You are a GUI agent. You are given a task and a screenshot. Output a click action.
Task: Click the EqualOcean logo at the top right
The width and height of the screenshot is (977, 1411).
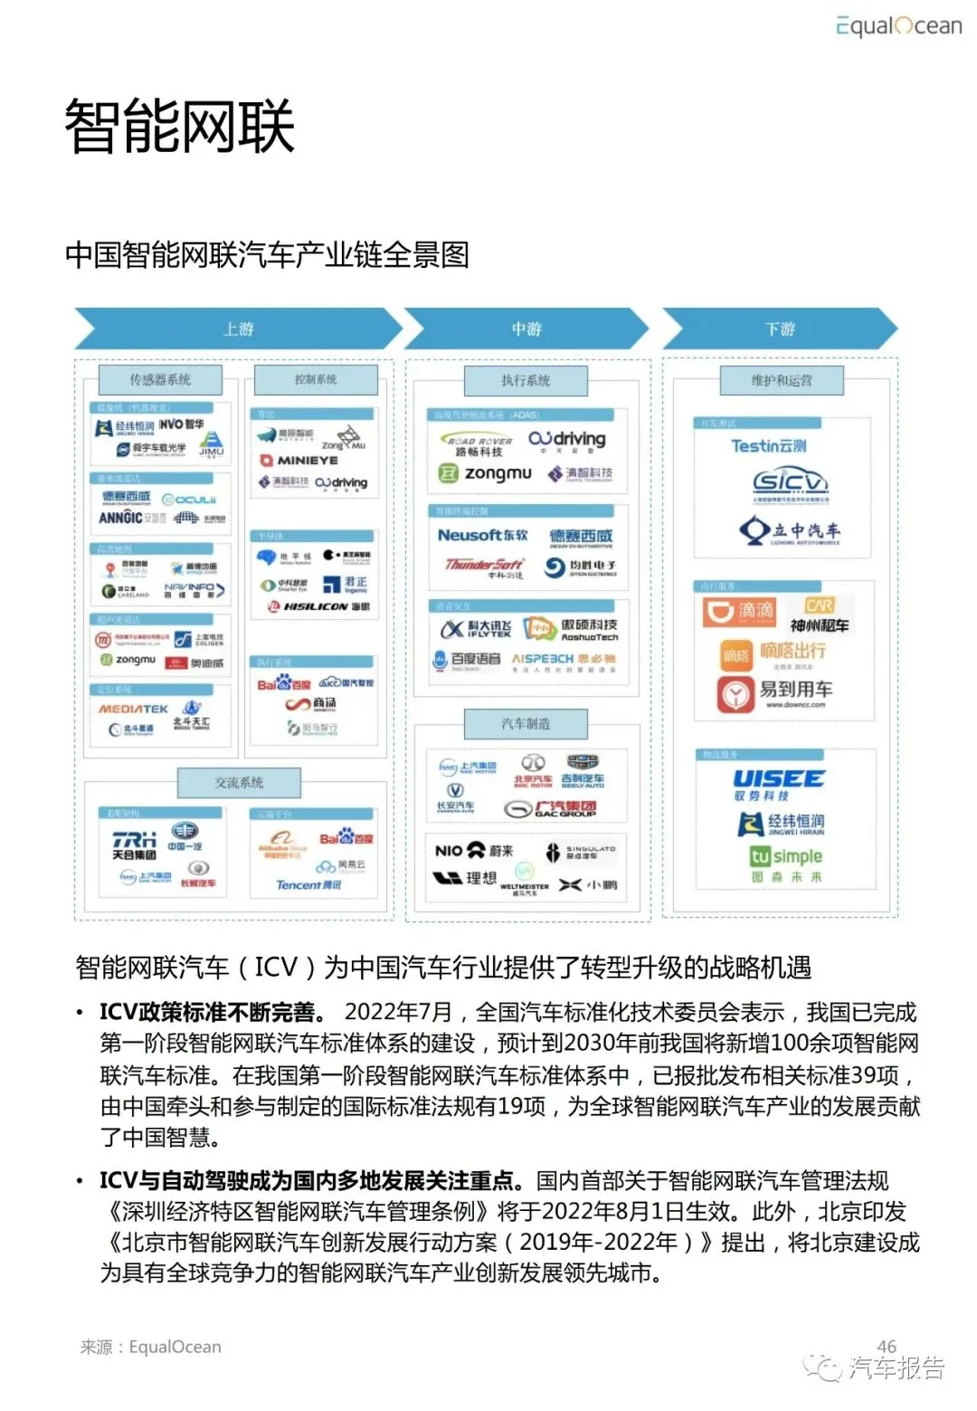[x=898, y=26]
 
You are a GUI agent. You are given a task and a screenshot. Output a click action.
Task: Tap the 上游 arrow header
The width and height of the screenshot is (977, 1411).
[x=238, y=329]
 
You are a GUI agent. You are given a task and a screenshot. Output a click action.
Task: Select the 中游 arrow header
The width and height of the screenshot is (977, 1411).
[x=526, y=329]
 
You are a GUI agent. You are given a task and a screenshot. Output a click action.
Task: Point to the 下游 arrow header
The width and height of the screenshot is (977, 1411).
[x=779, y=329]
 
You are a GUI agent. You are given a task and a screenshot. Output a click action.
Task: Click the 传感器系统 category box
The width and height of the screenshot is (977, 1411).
[x=160, y=379]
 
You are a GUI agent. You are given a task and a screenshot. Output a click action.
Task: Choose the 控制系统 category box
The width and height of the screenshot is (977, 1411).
[x=316, y=379]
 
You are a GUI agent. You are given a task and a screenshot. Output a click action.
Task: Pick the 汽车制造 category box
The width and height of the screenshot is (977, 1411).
[x=526, y=723]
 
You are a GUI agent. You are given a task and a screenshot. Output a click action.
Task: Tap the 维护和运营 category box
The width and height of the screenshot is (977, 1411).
[x=782, y=380]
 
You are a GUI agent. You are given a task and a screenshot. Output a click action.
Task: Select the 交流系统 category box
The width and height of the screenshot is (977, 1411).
[x=239, y=782]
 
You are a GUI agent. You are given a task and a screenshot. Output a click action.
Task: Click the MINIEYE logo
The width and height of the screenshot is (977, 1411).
[x=299, y=461]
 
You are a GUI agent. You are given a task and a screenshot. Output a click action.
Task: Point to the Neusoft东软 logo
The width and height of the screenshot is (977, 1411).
[x=482, y=536]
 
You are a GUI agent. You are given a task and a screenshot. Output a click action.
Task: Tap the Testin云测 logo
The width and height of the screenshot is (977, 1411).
[x=768, y=445]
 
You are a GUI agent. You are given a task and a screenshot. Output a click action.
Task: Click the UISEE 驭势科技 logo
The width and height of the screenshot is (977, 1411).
[x=778, y=784]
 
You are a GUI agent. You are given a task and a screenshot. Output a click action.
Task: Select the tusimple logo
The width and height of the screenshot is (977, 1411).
[x=785, y=857]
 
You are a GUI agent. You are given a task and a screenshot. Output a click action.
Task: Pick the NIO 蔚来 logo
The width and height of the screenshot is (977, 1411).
[x=473, y=851]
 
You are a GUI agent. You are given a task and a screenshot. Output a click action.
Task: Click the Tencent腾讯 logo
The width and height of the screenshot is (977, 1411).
[x=308, y=885]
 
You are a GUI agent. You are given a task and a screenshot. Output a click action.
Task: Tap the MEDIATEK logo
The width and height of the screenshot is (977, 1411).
[x=133, y=710]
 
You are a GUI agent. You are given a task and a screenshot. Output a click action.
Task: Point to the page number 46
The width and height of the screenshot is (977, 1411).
[x=887, y=1346]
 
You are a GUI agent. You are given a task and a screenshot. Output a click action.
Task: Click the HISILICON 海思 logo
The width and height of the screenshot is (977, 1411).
[x=318, y=606]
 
